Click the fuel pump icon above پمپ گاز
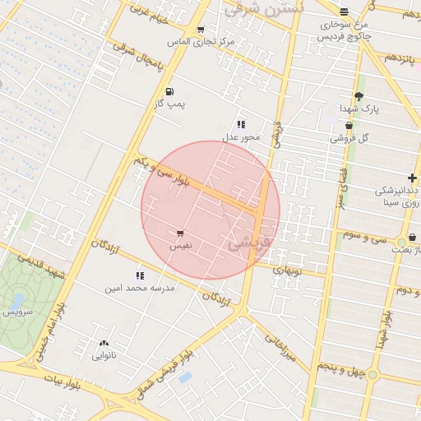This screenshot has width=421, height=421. (x=169, y=92)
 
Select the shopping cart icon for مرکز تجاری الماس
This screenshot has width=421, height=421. (x=200, y=29)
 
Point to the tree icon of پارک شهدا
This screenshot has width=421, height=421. (x=358, y=96)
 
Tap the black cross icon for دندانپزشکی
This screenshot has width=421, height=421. (x=411, y=178)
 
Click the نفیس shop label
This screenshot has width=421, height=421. (x=179, y=246)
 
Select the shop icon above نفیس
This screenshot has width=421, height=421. (x=179, y=234)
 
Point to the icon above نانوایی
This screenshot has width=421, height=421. (x=104, y=344)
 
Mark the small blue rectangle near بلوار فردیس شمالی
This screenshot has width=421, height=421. (x=185, y=377)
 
